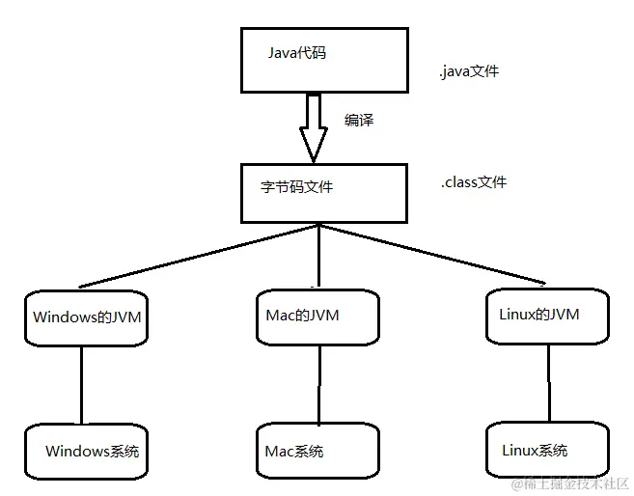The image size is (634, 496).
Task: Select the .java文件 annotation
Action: coord(469,71)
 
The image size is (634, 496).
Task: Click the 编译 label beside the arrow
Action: coord(359,121)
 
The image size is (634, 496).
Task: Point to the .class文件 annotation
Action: coord(473,181)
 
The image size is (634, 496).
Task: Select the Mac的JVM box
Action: coord(317,317)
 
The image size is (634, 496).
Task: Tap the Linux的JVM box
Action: coord(547,315)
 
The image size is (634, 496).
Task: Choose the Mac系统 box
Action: coord(317,452)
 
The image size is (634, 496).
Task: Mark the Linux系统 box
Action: coord(546,450)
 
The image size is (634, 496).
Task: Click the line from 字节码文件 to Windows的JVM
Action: coord(198,256)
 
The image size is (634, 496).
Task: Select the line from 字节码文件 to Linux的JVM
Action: coord(434,255)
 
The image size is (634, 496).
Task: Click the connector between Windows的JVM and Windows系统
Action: coord(81,383)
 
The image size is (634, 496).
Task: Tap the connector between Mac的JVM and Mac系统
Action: coord(317,384)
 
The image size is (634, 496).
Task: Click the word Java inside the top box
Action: coord(284,53)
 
